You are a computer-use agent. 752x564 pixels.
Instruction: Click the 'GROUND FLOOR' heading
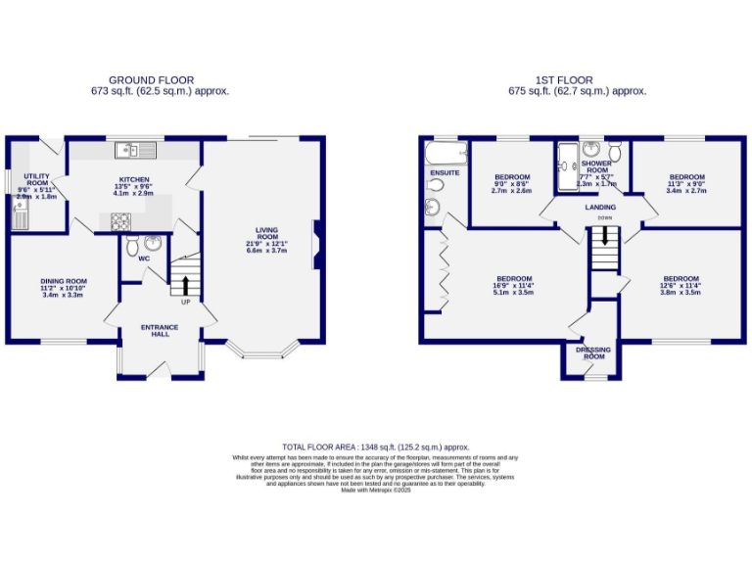coord(151,80)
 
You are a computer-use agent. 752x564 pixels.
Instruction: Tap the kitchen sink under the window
coord(127,150)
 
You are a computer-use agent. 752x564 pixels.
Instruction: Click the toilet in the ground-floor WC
coord(153,242)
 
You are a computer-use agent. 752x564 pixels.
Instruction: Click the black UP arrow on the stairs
coord(183,286)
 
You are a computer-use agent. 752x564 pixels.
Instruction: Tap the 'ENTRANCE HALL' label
coord(155,330)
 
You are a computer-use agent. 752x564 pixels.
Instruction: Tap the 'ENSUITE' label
coord(445,173)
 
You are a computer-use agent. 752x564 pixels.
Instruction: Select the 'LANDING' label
coord(600,208)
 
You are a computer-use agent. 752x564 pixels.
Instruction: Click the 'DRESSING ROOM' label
coord(594,352)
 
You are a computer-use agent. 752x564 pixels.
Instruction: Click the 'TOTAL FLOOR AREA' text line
coord(376,446)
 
